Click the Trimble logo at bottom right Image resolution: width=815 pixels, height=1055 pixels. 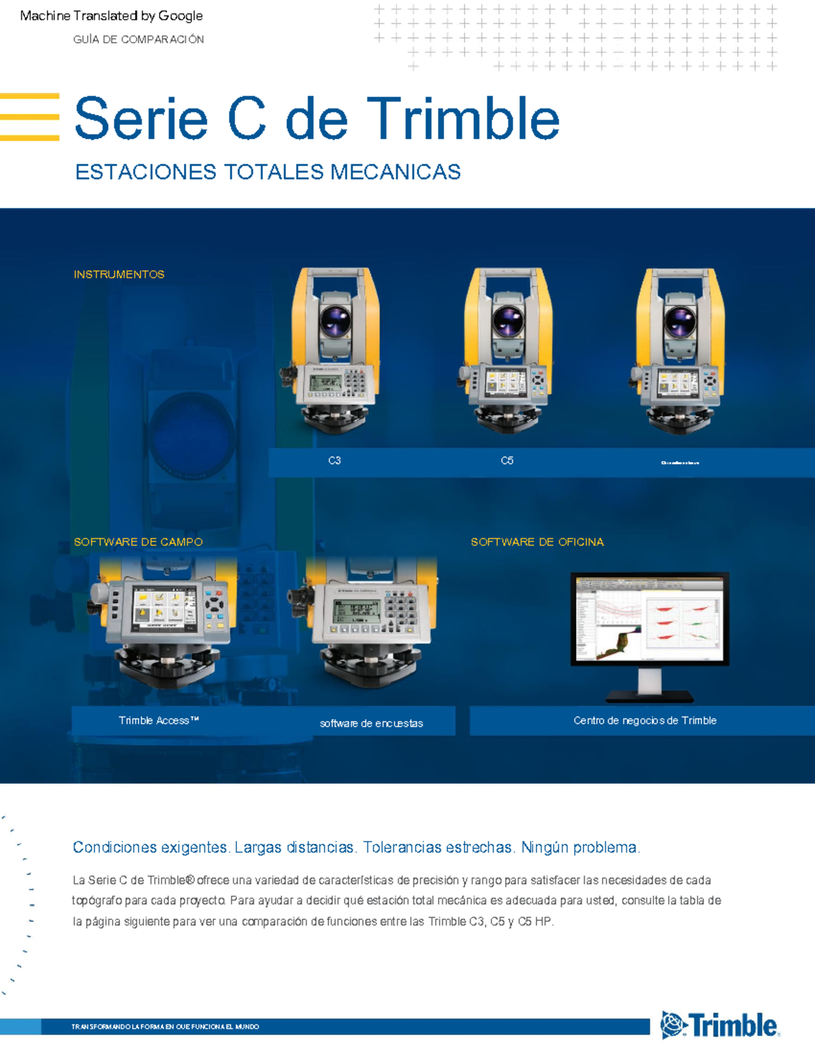pyautogui.click(x=720, y=1025)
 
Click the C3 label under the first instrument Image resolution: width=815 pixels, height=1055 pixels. pyautogui.click(x=334, y=461)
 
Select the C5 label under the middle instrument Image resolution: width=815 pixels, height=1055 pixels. pyautogui.click(x=507, y=461)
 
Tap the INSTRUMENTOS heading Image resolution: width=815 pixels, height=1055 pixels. pyautogui.click(x=119, y=274)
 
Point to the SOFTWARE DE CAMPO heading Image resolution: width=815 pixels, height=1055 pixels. pyautogui.click(x=138, y=542)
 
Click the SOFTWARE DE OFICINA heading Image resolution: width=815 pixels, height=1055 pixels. pyautogui.click(x=537, y=542)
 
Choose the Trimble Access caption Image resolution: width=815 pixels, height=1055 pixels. pyautogui.click(x=158, y=720)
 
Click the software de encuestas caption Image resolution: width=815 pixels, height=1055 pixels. pyautogui.click(x=371, y=723)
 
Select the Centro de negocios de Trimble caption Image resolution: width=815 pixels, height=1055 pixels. pyautogui.click(x=645, y=720)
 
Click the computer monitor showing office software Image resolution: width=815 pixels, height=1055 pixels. pyautogui.click(x=649, y=619)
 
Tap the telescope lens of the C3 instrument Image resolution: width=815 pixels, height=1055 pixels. pyautogui.click(x=336, y=321)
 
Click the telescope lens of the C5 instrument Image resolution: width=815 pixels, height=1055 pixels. pyautogui.click(x=508, y=321)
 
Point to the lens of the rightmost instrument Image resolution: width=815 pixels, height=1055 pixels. pyautogui.click(x=680, y=321)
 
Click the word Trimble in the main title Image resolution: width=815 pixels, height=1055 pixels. pyautogui.click(x=463, y=119)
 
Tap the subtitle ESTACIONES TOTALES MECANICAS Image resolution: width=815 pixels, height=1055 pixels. pyautogui.click(x=268, y=172)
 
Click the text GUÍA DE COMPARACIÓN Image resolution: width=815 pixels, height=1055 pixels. pyautogui.click(x=139, y=39)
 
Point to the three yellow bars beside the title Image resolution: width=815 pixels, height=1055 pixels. pyautogui.click(x=30, y=117)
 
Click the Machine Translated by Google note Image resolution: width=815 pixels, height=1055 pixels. pyautogui.click(x=111, y=16)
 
